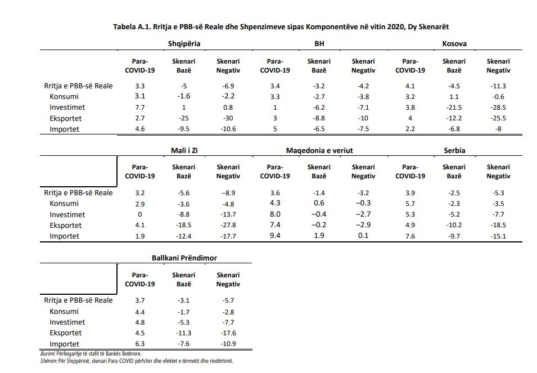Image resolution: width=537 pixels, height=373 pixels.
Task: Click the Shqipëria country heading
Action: click(x=184, y=44)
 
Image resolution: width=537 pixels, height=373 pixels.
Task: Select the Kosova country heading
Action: click(x=454, y=44)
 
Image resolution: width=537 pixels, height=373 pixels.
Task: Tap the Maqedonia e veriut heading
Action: click(x=319, y=151)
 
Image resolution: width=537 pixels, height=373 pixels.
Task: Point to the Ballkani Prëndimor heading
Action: click(x=184, y=258)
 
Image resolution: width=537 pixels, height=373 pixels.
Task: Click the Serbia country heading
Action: click(x=454, y=151)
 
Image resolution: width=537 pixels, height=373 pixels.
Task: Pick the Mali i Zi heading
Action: click(x=184, y=151)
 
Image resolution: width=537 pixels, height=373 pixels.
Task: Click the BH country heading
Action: click(x=319, y=44)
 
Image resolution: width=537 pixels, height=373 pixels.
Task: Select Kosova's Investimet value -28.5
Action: click(x=498, y=107)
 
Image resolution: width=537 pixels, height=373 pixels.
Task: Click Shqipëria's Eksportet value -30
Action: click(x=228, y=118)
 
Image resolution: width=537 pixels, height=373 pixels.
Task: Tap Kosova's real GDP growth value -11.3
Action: click(x=498, y=86)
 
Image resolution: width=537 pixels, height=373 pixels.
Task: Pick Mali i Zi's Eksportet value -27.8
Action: click(x=228, y=226)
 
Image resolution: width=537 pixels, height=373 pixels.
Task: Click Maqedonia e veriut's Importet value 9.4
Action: click(x=275, y=236)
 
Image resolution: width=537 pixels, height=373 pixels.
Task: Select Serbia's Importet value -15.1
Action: click(x=498, y=236)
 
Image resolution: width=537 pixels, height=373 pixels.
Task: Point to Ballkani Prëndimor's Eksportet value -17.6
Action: click(x=228, y=333)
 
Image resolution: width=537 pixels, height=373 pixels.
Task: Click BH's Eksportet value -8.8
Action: click(x=319, y=118)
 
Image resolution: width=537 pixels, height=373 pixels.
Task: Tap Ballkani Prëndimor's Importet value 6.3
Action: click(x=139, y=344)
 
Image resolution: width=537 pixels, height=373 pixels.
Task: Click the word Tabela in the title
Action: click(x=124, y=27)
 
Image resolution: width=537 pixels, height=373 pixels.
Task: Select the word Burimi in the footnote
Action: click(x=47, y=354)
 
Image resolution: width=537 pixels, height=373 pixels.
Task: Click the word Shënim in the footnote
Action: click(x=48, y=361)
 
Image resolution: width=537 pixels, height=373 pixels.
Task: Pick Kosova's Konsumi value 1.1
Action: click(x=454, y=97)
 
